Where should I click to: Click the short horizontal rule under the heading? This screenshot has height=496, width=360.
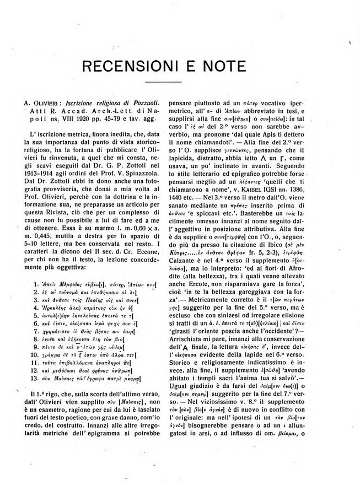[x=180, y=84]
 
